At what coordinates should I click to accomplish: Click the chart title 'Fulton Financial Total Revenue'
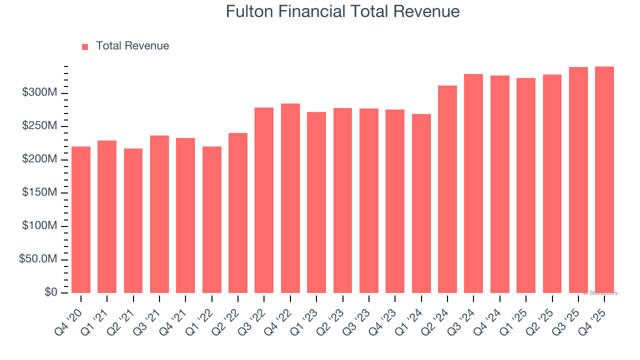pyautogui.click(x=342, y=11)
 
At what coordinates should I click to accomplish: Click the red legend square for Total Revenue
pyautogui.click(x=85, y=46)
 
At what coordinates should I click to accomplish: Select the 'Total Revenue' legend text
pyautogui.click(x=132, y=46)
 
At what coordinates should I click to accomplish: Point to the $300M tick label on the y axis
pyautogui.click(x=39, y=93)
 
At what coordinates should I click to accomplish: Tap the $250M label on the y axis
pyautogui.click(x=39, y=126)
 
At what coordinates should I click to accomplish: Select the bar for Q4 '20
pyautogui.click(x=81, y=220)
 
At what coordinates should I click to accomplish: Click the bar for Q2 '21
pyautogui.click(x=133, y=221)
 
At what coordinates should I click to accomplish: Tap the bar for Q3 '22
pyautogui.click(x=264, y=200)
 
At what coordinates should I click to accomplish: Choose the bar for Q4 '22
pyautogui.click(x=290, y=198)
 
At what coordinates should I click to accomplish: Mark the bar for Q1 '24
pyautogui.click(x=421, y=203)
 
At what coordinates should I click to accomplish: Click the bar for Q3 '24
pyautogui.click(x=473, y=183)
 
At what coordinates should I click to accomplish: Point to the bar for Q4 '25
pyautogui.click(x=604, y=180)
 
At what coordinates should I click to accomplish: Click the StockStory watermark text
pyautogui.click(x=600, y=293)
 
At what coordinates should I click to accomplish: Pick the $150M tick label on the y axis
pyautogui.click(x=39, y=193)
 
